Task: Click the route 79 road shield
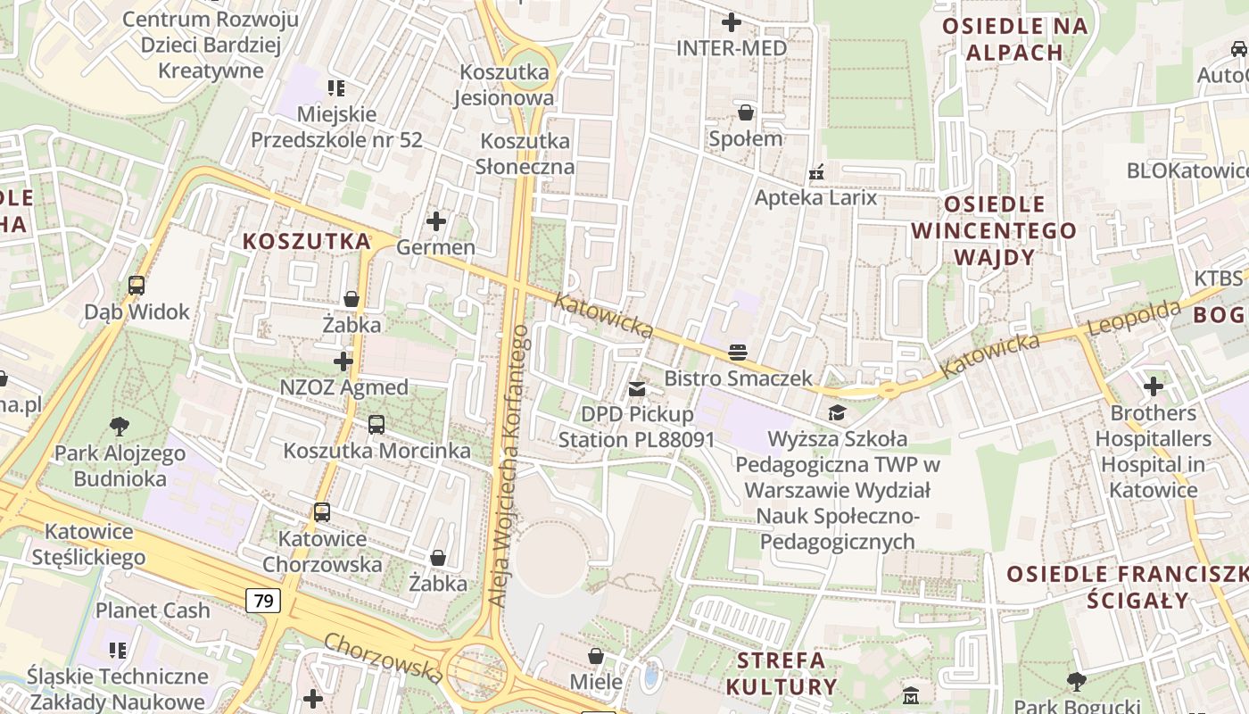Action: [x=263, y=601]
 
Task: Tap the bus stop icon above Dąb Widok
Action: [x=136, y=286]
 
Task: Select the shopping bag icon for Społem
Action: [x=745, y=112]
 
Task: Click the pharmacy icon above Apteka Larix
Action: [x=815, y=171]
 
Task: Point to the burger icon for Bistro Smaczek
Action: [x=738, y=352]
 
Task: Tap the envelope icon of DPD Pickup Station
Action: [x=637, y=388]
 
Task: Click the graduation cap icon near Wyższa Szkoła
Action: [x=837, y=412]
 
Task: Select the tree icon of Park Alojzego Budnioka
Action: [x=119, y=427]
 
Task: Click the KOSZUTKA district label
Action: [x=307, y=241]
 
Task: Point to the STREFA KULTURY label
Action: [x=781, y=674]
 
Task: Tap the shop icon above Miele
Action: [x=596, y=657]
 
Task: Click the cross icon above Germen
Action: [x=436, y=220]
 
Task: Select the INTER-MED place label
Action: [x=732, y=48]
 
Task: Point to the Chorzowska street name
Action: [x=384, y=658]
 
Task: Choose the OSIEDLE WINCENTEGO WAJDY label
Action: [x=994, y=230]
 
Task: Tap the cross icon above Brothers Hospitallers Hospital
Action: [x=1154, y=386]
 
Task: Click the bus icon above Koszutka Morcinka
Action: [x=376, y=424]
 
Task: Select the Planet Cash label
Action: [x=153, y=610]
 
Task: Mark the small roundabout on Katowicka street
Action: [x=887, y=390]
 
